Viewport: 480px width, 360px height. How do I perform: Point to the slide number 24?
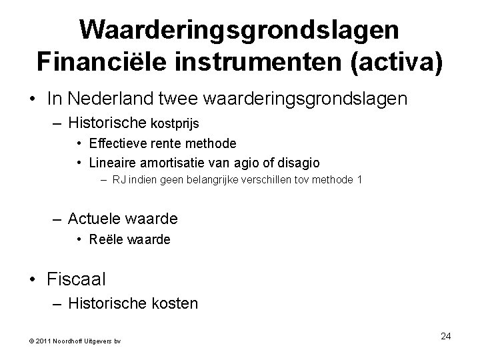[446, 336]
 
